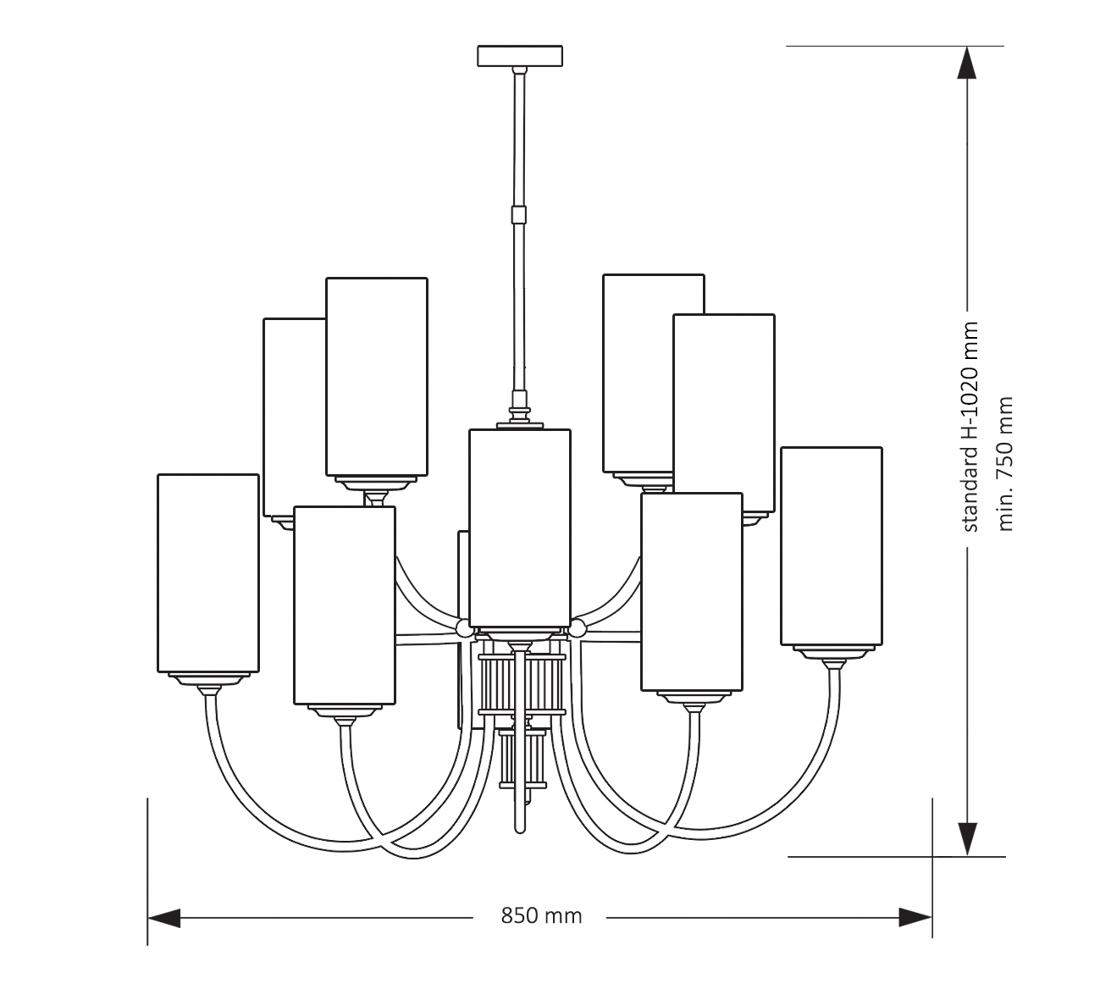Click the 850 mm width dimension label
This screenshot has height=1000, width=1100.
541,916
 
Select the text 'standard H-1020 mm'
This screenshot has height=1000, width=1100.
970,427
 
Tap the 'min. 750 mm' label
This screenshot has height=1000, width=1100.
1005,463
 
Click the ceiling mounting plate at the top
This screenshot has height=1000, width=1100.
520,56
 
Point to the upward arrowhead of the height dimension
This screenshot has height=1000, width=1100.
967,62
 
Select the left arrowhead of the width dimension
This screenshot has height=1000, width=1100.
164,917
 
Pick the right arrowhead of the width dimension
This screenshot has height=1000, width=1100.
915,917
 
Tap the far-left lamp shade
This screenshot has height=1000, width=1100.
208,572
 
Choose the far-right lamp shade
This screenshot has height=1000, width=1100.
831,546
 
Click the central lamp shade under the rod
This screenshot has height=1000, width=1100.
520,528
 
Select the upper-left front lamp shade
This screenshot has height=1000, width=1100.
377,377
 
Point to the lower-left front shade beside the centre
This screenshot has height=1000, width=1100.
345,605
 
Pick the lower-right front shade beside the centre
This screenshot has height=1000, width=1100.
691,592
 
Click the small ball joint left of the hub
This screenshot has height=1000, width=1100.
464,628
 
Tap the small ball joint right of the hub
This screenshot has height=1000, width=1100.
578,628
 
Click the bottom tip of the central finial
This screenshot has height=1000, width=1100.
520,829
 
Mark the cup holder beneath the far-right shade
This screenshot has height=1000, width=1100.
834,653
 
